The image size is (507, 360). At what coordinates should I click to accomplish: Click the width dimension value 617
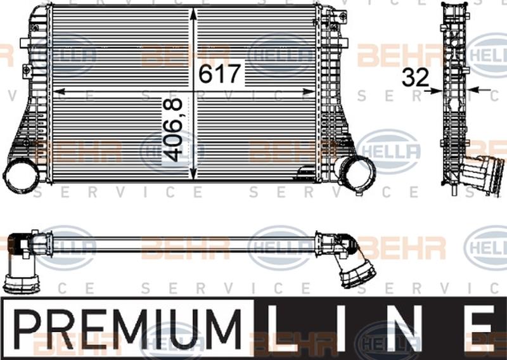[220, 74]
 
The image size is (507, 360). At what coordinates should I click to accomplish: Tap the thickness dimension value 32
[415, 77]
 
